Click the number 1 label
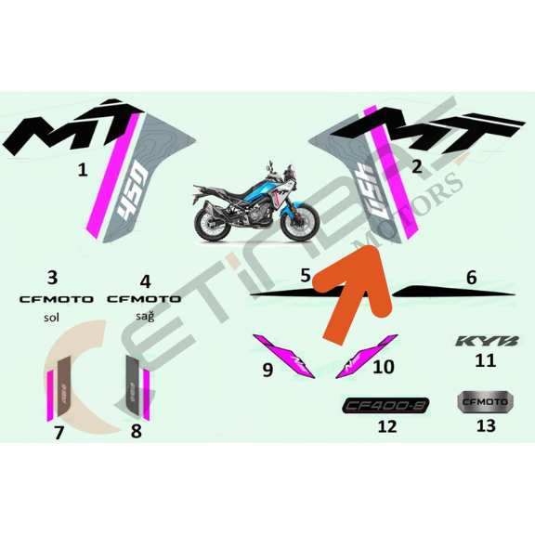[83, 170]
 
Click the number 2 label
[417, 167]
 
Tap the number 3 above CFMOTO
[52, 277]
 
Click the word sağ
[144, 316]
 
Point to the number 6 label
[471, 277]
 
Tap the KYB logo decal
[482, 341]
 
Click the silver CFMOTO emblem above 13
[485, 401]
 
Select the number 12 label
[386, 427]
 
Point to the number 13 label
[485, 426]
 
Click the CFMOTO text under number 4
[144, 299]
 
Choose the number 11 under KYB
[485, 360]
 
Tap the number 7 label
[59, 432]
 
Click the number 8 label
[137, 431]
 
